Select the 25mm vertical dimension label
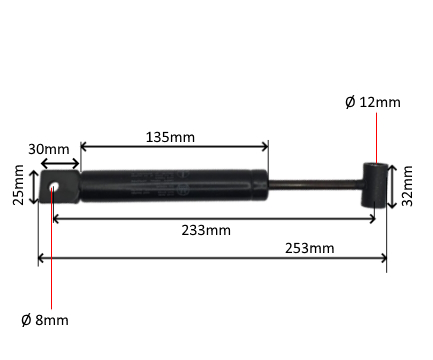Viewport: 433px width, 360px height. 18,186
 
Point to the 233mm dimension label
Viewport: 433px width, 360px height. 208,230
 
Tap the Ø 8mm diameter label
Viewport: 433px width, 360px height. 44,320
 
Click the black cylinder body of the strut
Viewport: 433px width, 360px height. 172,186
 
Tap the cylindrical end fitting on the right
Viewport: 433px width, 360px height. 375,185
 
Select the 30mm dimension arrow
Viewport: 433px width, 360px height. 59,163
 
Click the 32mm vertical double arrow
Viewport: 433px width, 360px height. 392,185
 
